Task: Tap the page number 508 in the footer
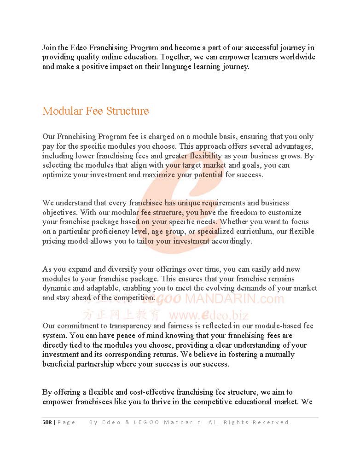[x=47, y=422]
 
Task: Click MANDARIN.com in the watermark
[x=234, y=299]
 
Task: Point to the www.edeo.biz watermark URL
[x=209, y=315]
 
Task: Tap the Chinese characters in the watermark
[x=122, y=315]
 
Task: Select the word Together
[x=176, y=57]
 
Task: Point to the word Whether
[x=236, y=222]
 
